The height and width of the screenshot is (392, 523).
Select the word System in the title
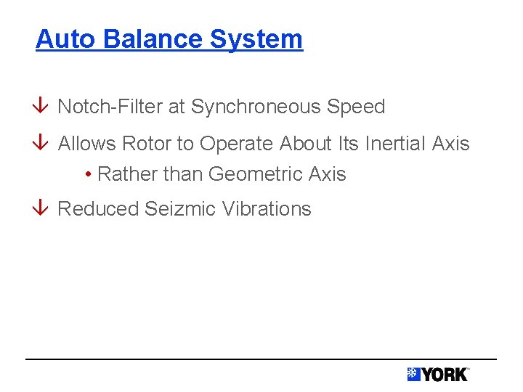256,38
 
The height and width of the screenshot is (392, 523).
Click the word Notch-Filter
110,107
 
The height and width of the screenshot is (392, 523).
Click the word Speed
356,107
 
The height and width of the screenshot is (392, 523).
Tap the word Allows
87,144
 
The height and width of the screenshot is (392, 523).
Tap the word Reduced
98,209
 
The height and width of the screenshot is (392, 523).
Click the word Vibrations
267,209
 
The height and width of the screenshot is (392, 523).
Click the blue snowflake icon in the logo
414,375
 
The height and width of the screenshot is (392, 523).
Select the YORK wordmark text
445,375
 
